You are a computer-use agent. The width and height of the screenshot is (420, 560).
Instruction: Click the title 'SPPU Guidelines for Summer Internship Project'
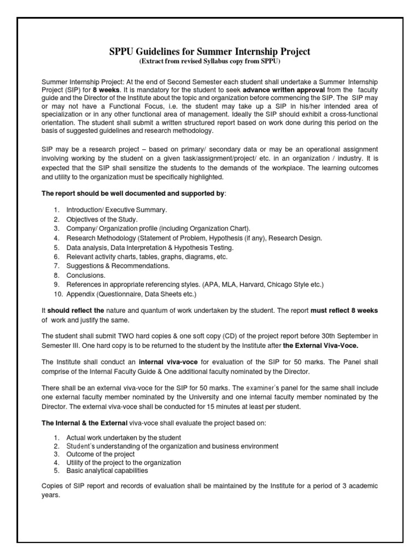coord(209,51)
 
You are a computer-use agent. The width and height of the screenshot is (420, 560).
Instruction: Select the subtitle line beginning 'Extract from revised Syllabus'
coord(209,61)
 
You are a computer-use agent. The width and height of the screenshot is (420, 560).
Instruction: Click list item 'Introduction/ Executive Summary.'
coord(117,210)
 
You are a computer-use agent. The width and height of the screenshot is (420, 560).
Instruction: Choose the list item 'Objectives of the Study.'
coord(102,219)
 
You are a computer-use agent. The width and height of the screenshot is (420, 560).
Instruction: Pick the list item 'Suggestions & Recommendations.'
coord(118,266)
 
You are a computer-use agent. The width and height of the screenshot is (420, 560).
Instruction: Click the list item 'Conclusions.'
coord(86,275)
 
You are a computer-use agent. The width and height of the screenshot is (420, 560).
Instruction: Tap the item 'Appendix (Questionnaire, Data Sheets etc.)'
coord(131,294)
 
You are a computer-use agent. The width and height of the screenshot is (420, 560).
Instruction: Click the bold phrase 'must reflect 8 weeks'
coord(344,310)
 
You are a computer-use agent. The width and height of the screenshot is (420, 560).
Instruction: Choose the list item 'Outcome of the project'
coord(100,454)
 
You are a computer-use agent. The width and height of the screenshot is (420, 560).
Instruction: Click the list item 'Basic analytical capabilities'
coord(107,470)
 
